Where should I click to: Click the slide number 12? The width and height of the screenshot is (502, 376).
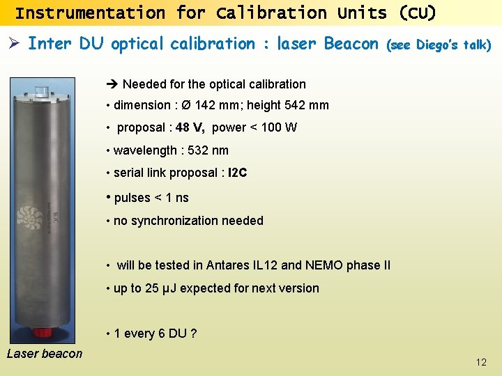click(x=481, y=362)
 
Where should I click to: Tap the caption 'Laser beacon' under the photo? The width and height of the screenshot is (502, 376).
click(x=45, y=354)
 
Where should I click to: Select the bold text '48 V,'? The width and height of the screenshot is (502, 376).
click(x=190, y=127)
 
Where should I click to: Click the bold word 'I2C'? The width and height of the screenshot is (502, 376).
click(x=238, y=173)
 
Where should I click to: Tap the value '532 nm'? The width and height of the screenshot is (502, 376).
click(x=208, y=150)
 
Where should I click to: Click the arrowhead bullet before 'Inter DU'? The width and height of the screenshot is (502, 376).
click(x=13, y=44)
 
